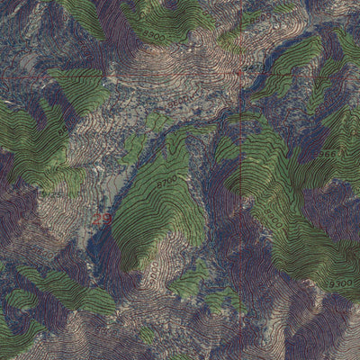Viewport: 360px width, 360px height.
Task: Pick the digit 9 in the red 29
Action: click(x=106, y=217)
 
